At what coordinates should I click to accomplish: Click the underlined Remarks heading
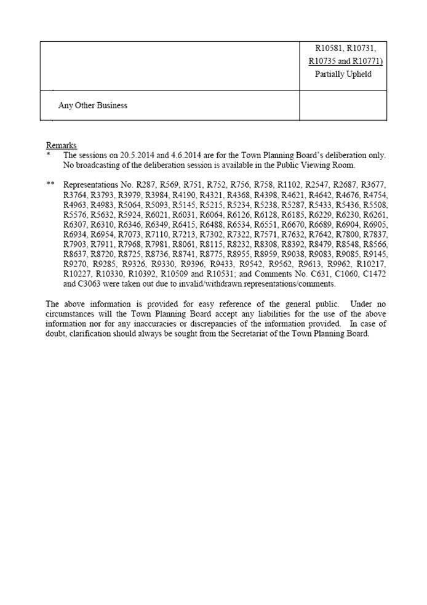(x=62, y=146)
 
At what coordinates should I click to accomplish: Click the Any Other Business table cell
(x=92, y=105)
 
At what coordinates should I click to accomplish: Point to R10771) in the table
(x=366, y=62)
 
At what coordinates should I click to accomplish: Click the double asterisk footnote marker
(x=51, y=184)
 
